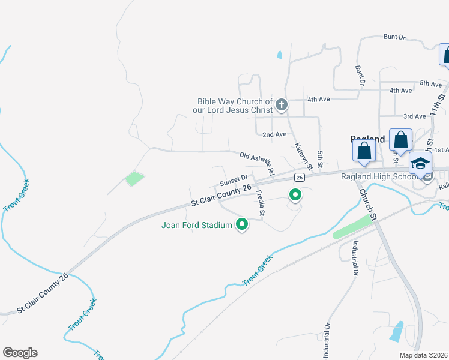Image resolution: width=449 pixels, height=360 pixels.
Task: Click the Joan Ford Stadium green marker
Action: click(x=243, y=225)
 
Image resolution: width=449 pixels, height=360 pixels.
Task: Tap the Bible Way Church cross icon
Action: click(x=281, y=106)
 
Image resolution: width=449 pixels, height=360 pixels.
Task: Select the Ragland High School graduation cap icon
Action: click(x=420, y=163)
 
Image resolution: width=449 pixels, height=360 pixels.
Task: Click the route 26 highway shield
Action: click(x=299, y=177)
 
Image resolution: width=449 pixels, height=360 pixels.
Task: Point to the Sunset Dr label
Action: click(x=234, y=179)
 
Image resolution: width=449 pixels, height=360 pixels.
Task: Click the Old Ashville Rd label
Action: click(x=257, y=163)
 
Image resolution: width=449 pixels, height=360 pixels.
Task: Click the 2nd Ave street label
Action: click(x=274, y=134)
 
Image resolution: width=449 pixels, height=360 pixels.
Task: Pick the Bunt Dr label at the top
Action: click(x=394, y=37)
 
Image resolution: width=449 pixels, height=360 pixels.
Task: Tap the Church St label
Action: click(x=367, y=205)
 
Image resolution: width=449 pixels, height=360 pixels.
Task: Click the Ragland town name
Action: click(x=367, y=139)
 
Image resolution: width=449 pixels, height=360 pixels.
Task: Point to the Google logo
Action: click(x=20, y=353)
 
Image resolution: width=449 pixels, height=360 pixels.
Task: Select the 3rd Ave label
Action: click(x=414, y=116)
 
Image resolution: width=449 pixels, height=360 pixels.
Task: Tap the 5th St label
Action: click(x=321, y=160)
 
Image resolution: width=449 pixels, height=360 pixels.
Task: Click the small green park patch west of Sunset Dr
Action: click(x=135, y=179)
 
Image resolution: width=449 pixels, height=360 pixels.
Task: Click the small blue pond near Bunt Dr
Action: click(x=280, y=55)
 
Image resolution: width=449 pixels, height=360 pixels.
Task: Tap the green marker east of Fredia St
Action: click(x=295, y=195)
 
